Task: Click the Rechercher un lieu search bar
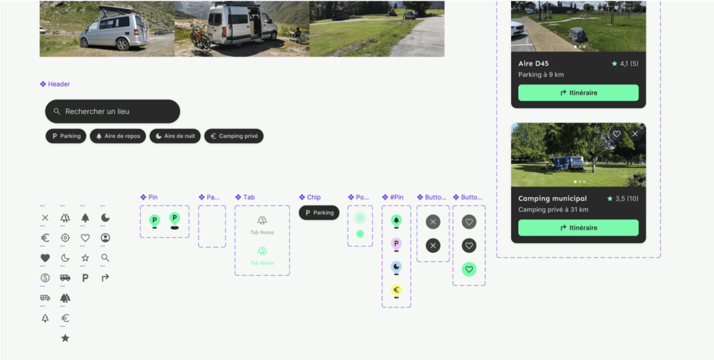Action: pos(112,111)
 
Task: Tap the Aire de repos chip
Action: pos(118,136)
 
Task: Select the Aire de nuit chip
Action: pos(175,136)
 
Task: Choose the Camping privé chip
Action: pos(234,136)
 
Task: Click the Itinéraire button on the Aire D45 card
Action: pos(578,93)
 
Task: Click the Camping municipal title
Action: pos(552,198)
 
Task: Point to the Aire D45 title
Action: pos(533,64)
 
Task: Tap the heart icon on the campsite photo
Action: pos(616,134)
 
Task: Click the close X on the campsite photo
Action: pos(635,134)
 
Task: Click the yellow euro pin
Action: pos(396,290)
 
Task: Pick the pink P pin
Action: pos(396,243)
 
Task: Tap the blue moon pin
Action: pos(396,267)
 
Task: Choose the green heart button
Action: pos(469,270)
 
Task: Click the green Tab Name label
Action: pos(262,263)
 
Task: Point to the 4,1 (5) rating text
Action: pos(629,64)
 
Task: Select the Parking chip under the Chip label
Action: pos(319,212)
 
